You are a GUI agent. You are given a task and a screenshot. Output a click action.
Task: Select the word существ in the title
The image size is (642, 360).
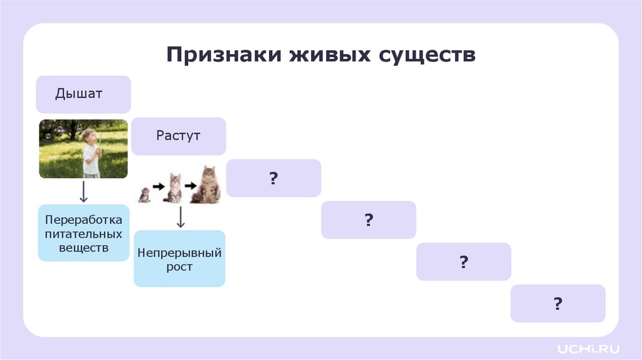coord(427,55)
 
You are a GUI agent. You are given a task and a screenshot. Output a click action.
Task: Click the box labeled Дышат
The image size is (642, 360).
coord(83,94)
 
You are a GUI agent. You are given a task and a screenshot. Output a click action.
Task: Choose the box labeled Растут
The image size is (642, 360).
coord(179,135)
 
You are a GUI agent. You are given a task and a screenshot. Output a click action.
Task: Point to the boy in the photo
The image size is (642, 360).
coord(91,152)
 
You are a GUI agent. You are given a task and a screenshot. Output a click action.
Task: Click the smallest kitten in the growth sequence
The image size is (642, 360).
coord(144,195)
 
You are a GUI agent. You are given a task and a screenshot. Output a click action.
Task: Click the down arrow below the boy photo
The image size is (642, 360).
coord(83,191)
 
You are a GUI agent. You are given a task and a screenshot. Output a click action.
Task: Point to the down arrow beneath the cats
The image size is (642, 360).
coord(180,217)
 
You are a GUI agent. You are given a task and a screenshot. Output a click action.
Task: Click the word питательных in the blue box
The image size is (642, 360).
coord(83,233)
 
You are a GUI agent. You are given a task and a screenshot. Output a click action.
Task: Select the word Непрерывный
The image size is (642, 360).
coord(179,253)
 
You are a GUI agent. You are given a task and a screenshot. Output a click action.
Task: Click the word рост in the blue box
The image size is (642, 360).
coord(179,267)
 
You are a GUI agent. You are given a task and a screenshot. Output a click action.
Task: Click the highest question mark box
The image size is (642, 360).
coord(273,178)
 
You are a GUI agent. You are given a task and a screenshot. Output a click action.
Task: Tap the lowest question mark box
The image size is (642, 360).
coord(557,304)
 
